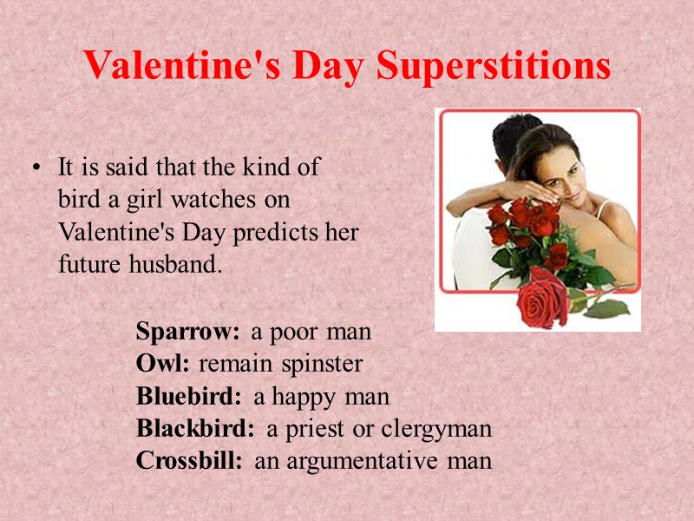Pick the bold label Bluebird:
[188, 397]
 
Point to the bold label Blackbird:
[195, 429]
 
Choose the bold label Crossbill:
[189, 461]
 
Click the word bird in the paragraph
[77, 200]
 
